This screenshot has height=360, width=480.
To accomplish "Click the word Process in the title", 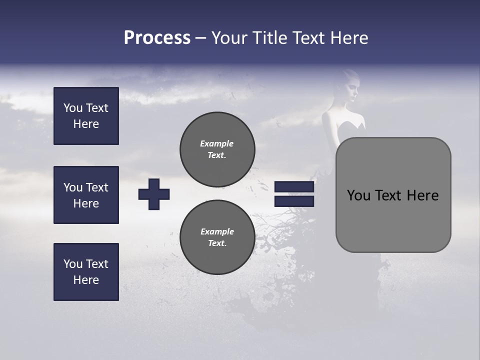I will tap(157, 38).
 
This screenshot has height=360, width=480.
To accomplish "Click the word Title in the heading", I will tap(270, 38).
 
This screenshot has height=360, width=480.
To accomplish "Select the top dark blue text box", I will tap(86, 116).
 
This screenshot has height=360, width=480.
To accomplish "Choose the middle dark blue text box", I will tap(86, 195).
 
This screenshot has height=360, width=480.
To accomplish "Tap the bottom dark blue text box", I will tap(86, 272).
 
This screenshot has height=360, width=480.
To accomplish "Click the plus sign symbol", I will tap(154, 194).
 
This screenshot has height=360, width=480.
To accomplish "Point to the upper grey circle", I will tap(217, 149).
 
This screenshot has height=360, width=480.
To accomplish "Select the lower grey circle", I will tap(217, 237).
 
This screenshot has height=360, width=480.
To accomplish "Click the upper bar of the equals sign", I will tap(294, 187).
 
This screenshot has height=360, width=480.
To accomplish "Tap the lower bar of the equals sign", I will tap(294, 201).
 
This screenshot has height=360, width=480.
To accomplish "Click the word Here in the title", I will tap(348, 38).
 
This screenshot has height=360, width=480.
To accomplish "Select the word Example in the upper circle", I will tap(216, 143).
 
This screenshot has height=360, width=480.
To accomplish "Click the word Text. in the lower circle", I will tap(217, 243).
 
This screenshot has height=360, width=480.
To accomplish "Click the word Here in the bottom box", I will tap(86, 280).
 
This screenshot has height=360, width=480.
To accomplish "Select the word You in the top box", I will tap(73, 108).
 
